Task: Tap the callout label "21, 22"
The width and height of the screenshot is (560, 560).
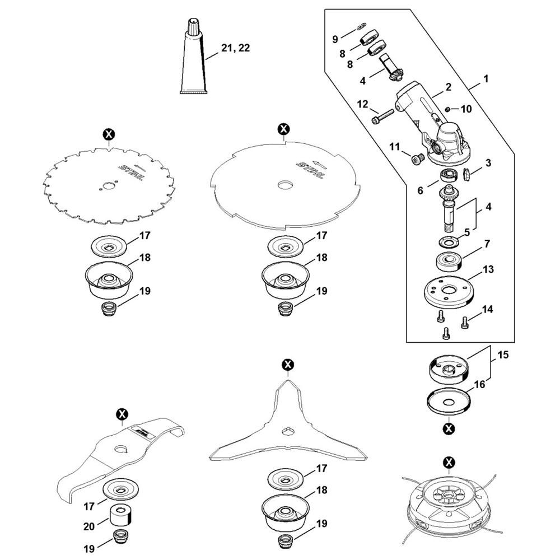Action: [x=235, y=49]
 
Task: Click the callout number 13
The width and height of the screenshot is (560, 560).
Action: [x=488, y=270]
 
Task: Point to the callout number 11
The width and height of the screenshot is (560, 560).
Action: [x=395, y=147]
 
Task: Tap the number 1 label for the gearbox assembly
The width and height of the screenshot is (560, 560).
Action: [x=486, y=79]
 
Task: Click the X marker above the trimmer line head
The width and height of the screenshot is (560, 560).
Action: [x=449, y=462]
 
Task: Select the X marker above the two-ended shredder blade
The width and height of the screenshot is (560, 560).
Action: [x=122, y=414]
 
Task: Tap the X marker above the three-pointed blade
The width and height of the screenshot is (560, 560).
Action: [x=288, y=365]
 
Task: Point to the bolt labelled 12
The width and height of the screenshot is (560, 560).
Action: [x=382, y=119]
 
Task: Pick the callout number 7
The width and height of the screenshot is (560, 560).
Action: [x=487, y=244]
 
